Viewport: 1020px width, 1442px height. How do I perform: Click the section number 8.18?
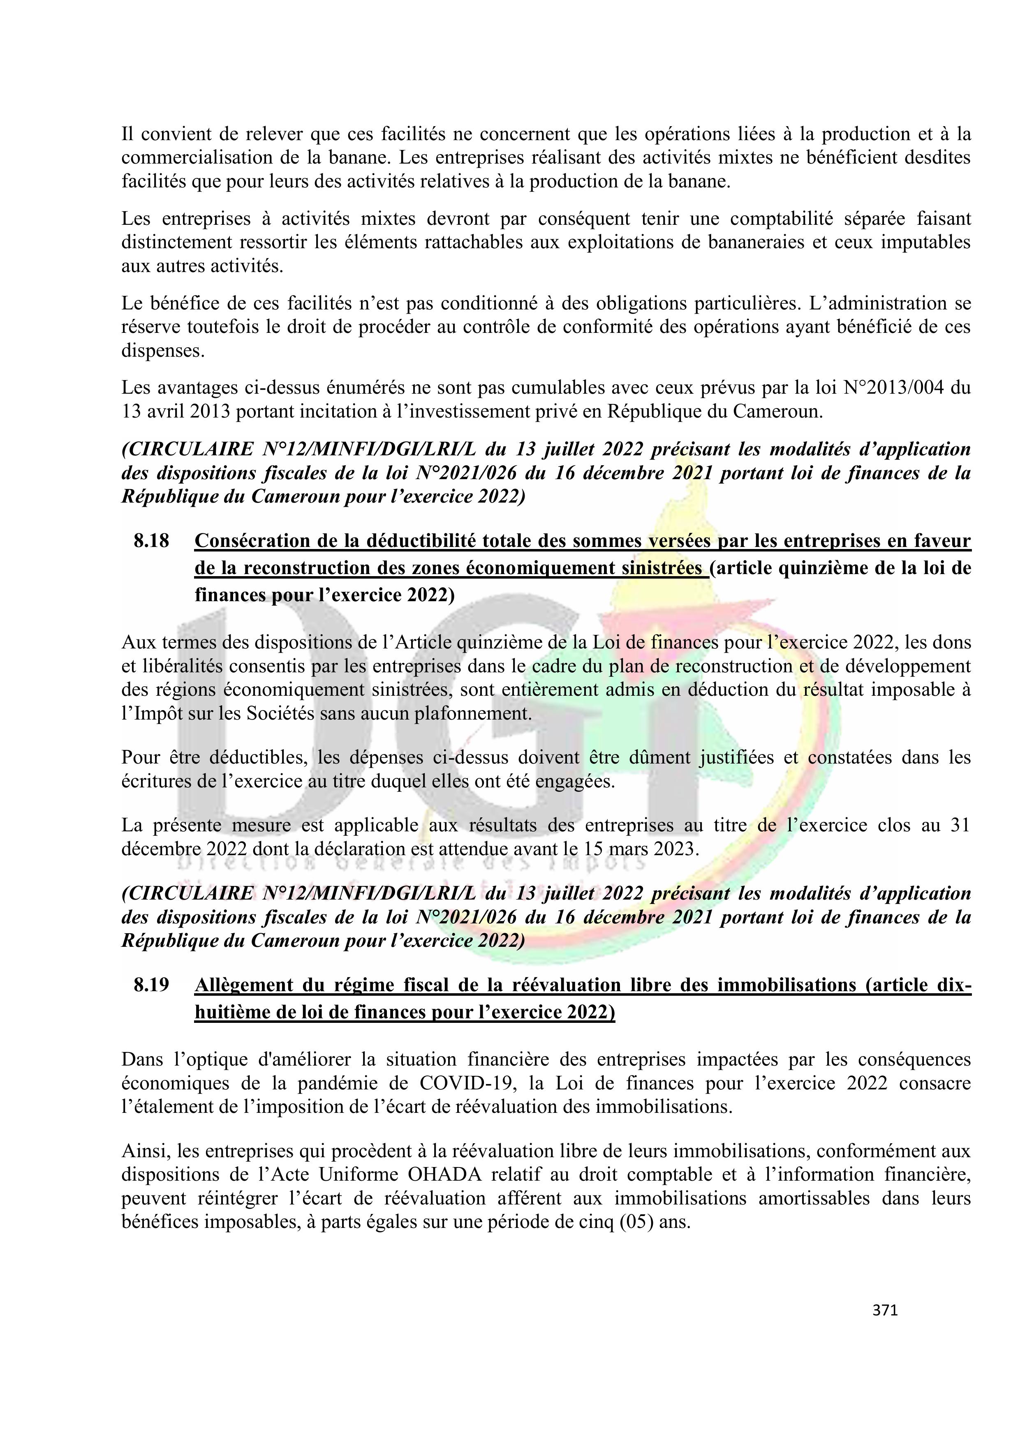tap(151, 541)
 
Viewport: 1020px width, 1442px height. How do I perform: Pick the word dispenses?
tap(163, 351)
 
